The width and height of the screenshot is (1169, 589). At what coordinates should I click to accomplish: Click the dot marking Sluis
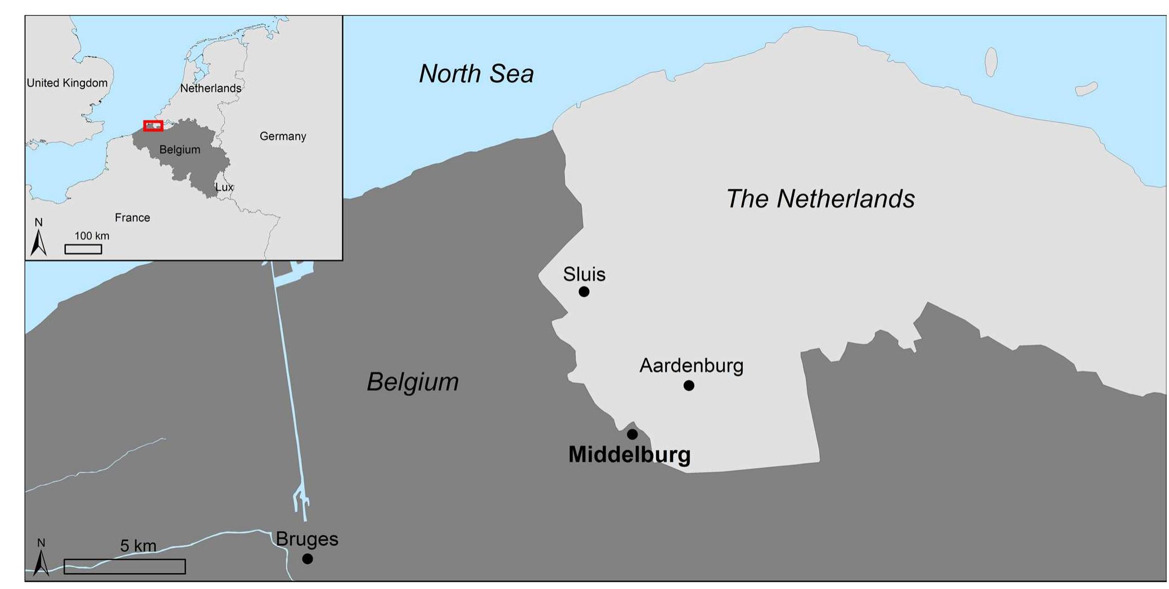[584, 292]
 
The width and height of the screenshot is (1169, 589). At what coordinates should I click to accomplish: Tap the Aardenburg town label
[691, 366]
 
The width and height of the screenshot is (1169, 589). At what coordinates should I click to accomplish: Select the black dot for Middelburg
[632, 434]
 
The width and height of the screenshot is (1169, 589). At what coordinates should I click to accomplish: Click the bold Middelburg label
[629, 455]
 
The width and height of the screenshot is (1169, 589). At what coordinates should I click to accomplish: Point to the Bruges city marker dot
[307, 559]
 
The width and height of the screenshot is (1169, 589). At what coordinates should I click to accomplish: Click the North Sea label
[476, 74]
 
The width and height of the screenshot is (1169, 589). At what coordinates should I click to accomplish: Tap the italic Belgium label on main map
[413, 382]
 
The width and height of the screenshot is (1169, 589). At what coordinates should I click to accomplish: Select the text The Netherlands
[820, 199]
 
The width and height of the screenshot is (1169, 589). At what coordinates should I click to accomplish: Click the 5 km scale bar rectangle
[124, 567]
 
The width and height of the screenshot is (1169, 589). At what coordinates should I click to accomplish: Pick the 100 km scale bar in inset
[83, 249]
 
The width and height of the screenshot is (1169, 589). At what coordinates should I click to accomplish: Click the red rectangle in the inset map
[153, 126]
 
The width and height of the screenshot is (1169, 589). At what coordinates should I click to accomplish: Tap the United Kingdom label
[67, 83]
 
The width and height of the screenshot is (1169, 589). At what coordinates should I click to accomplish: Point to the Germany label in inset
[282, 137]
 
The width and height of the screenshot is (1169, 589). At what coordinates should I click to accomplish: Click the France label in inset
[132, 218]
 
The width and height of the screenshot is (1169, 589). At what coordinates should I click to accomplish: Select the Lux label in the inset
[224, 187]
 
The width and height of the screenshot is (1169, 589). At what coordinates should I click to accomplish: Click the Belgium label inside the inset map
[179, 150]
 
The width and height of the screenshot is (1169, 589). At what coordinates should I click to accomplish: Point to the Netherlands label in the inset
[210, 88]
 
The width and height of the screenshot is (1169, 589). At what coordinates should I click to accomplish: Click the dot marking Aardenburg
[689, 386]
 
